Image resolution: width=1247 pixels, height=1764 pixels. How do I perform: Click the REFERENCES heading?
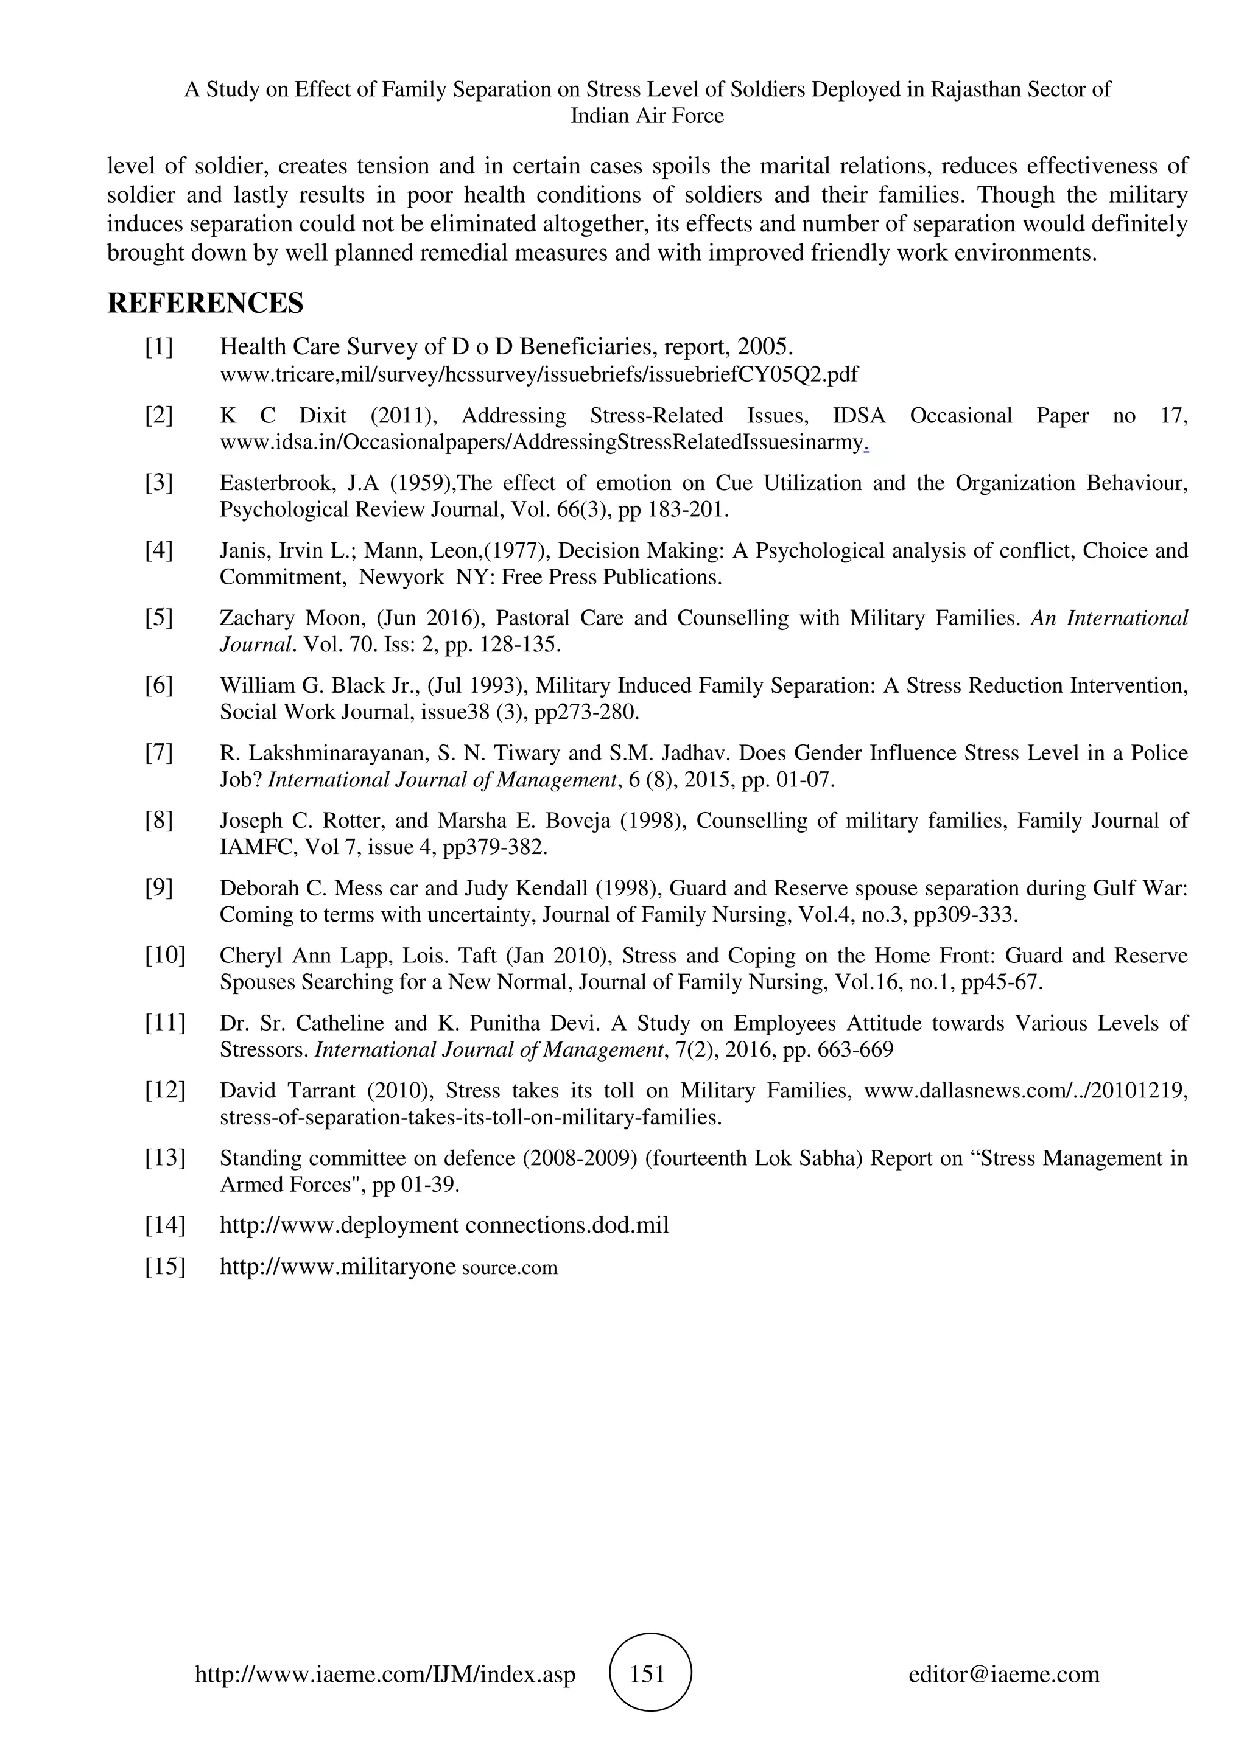(205, 304)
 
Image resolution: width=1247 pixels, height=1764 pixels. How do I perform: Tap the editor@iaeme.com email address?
(1003, 1674)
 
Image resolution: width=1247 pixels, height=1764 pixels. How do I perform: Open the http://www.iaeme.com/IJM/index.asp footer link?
(385, 1674)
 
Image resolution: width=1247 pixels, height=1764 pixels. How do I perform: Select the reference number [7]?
(159, 753)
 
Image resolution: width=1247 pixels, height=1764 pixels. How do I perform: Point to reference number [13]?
(165, 1158)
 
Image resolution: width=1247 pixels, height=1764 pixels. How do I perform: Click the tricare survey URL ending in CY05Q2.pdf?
(539, 375)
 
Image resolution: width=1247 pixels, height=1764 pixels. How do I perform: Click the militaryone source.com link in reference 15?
(388, 1267)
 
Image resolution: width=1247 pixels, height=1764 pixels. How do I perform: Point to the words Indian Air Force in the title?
(647, 116)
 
